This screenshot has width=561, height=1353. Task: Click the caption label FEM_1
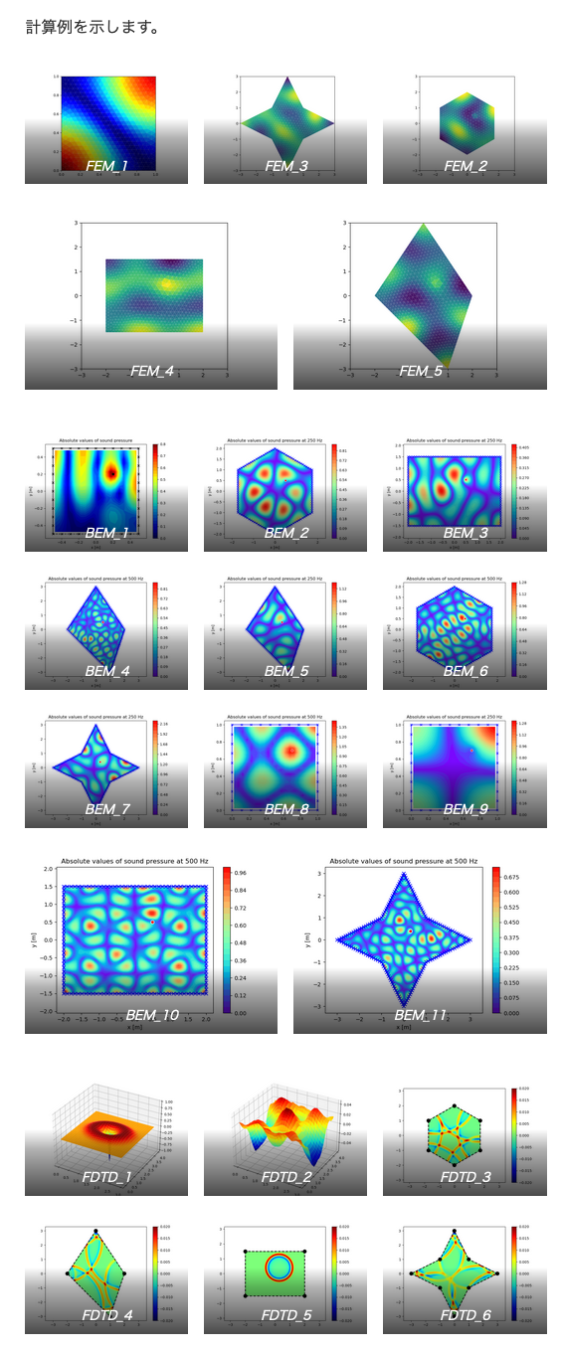(106, 166)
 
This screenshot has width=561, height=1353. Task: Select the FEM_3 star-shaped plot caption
(285, 166)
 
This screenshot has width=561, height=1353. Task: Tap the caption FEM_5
(420, 371)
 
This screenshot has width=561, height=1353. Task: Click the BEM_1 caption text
(106, 533)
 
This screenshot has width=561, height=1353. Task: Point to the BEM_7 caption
(106, 809)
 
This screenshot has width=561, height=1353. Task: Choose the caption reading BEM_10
(152, 1016)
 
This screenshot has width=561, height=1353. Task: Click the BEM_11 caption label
(421, 1016)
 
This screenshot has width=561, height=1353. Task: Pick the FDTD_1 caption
(106, 1177)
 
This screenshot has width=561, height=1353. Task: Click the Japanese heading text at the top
(93, 27)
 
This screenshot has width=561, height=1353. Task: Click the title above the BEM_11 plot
(406, 861)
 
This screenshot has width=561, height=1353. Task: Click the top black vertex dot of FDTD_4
(96, 1231)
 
